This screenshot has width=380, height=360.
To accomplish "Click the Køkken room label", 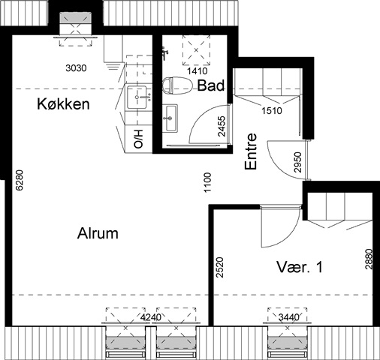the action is point(63,104).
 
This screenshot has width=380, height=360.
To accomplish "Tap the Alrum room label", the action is point(98,233).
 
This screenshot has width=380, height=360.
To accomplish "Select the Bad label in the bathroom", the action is point(211,85).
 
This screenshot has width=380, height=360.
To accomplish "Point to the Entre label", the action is point(251,151).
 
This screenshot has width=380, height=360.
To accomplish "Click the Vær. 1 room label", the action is point(300,267).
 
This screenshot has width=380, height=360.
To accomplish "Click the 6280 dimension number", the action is point(20,180).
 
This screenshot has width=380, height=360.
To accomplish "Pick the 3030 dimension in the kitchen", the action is point(76,68).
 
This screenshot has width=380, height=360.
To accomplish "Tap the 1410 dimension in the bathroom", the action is point(198,71).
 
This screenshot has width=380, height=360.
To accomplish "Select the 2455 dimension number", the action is point(222,126).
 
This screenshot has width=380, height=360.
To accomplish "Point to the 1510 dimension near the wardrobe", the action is point(272,110).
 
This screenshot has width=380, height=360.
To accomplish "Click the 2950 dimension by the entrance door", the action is point(298,163).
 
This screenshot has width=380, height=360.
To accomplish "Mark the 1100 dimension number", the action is point(208,182).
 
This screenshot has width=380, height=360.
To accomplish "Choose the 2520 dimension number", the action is point(220,268).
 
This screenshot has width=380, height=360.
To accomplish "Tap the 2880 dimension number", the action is point(369,259).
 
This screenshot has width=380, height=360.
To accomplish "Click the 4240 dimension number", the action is point(151,317).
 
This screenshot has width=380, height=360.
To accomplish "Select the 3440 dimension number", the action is point(289,317).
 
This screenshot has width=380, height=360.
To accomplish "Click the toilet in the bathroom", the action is point(177,85).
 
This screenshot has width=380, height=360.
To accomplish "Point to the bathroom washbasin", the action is point(170,118).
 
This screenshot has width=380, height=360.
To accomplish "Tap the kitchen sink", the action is point(137,97).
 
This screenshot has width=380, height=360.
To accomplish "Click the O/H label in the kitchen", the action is point(138,139).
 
